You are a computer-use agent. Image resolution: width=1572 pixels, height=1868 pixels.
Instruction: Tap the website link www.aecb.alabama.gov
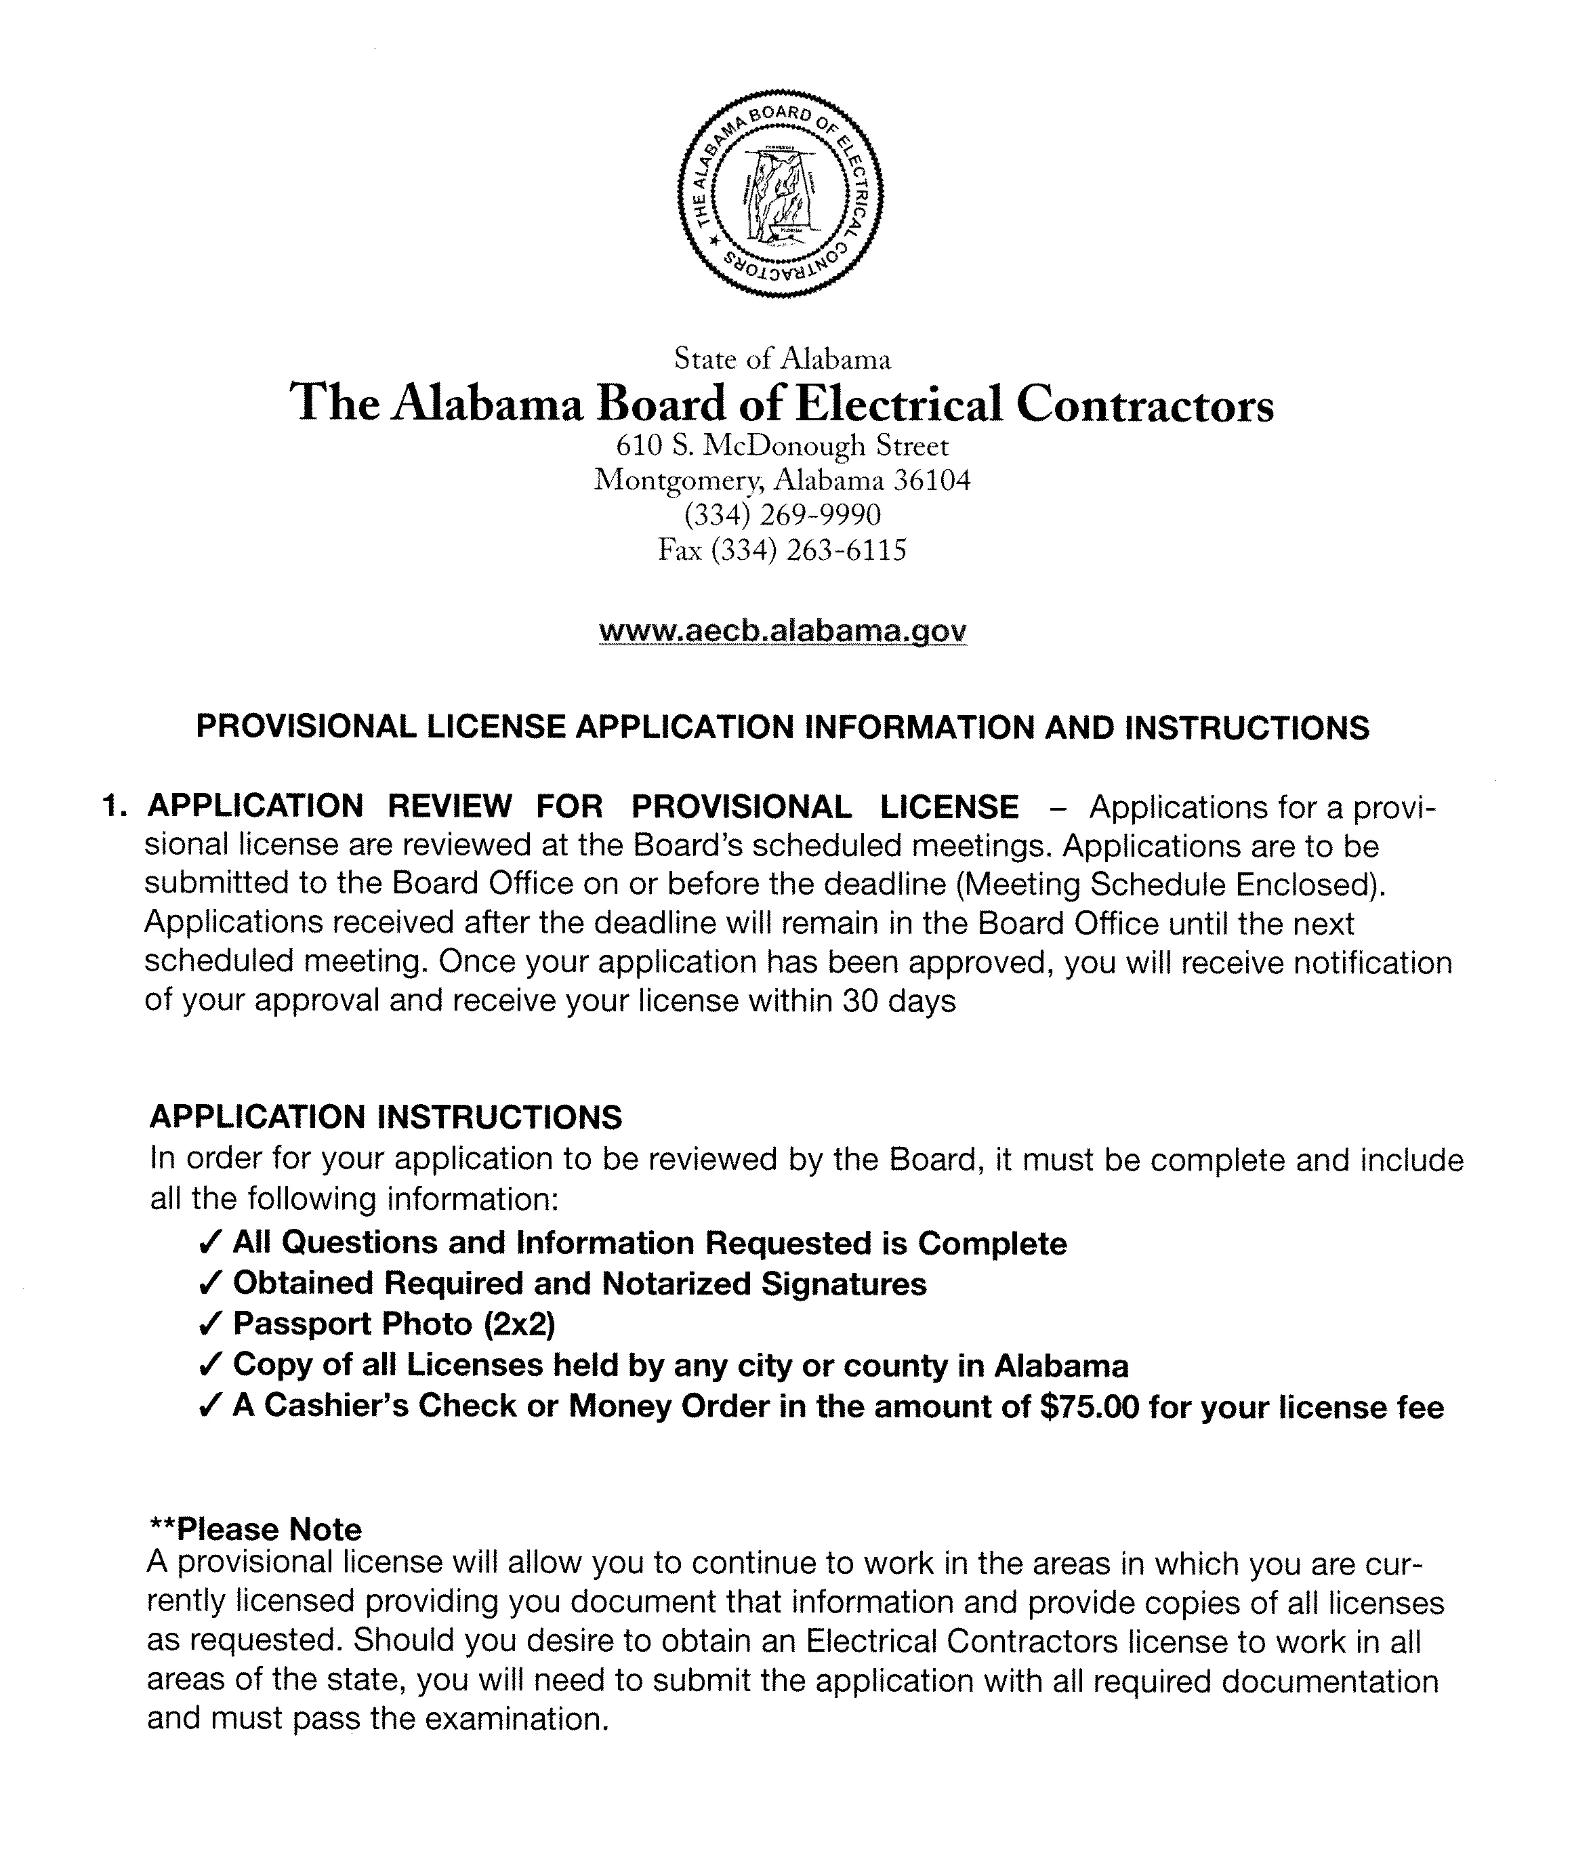(783, 630)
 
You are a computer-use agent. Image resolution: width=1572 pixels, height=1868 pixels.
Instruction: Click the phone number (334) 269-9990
(783, 515)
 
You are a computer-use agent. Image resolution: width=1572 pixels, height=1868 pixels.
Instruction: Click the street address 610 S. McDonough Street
(783, 445)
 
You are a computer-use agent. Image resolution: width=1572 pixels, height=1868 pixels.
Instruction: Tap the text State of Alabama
(783, 359)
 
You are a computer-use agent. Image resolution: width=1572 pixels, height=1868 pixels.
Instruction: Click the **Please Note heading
(255, 1529)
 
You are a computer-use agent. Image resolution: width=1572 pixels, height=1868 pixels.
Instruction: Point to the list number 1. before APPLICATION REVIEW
(117, 807)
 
